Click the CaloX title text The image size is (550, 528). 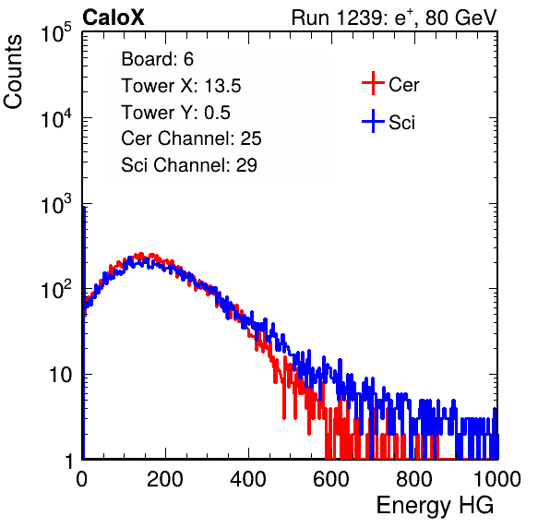coord(114,18)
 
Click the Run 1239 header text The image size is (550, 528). coord(394,18)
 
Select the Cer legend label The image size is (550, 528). coord(403,85)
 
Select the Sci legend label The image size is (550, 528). coord(401,123)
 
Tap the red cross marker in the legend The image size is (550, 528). coord(373,83)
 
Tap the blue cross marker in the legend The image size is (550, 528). coord(373,121)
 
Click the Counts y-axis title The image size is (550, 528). coord(13,72)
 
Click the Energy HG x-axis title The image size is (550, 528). coord(435,506)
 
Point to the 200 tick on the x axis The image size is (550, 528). coord(165,479)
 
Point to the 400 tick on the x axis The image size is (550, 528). coord(248,479)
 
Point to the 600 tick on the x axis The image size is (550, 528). coord(331,479)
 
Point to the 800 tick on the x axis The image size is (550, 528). coord(414,479)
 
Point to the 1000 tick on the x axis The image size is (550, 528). coord(497,479)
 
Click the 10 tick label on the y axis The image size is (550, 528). coord(61,375)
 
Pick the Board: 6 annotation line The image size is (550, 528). coord(157,59)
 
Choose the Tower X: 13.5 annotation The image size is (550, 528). coord(181,86)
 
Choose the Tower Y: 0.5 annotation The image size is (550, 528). coord(175,113)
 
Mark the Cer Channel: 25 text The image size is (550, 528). coord(191,138)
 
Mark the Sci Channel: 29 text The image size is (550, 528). coord(189,165)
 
